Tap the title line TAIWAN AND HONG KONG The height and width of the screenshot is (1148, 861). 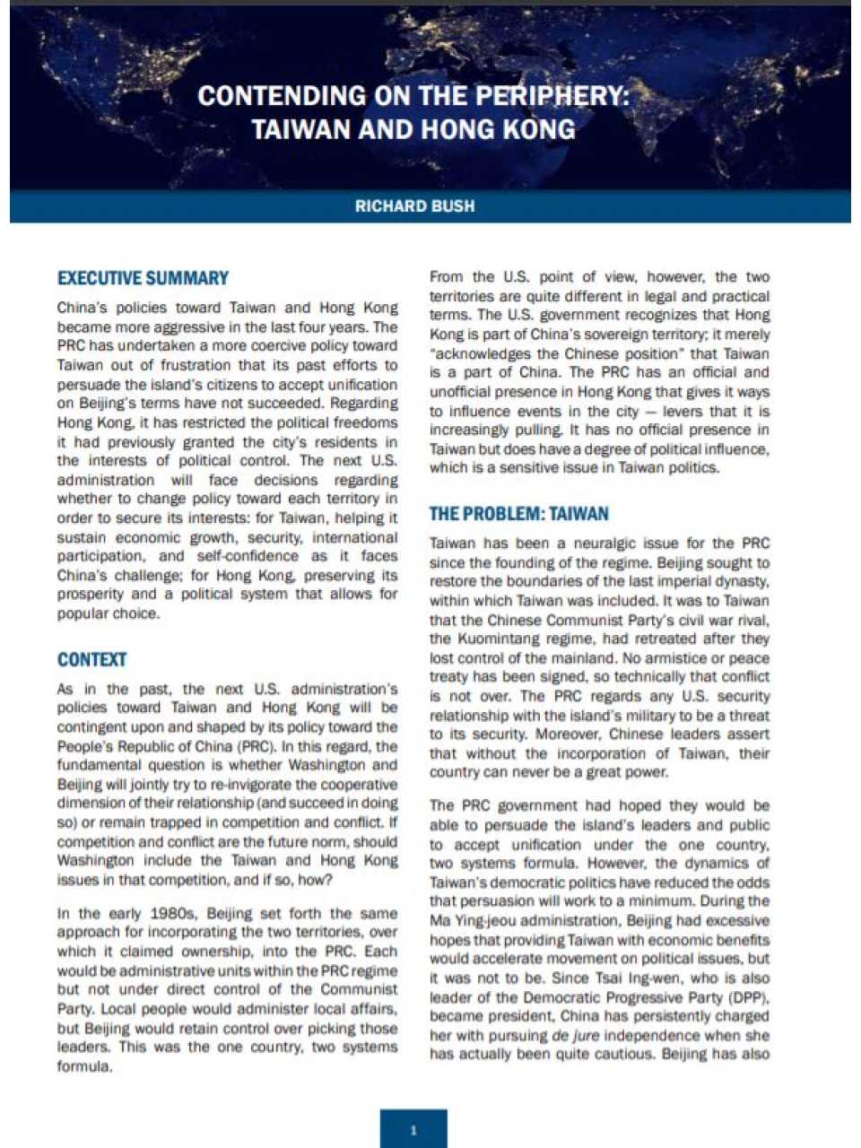point(413,129)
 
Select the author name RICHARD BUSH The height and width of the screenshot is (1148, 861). point(414,206)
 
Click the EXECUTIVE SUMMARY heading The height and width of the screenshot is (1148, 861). point(143,278)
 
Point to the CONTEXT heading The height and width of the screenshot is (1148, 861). point(91,660)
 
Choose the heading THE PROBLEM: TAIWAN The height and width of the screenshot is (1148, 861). point(518,514)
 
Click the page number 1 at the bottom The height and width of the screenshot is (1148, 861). point(413,1130)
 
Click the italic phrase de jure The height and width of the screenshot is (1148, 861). point(573,1035)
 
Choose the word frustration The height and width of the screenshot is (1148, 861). point(199,365)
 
